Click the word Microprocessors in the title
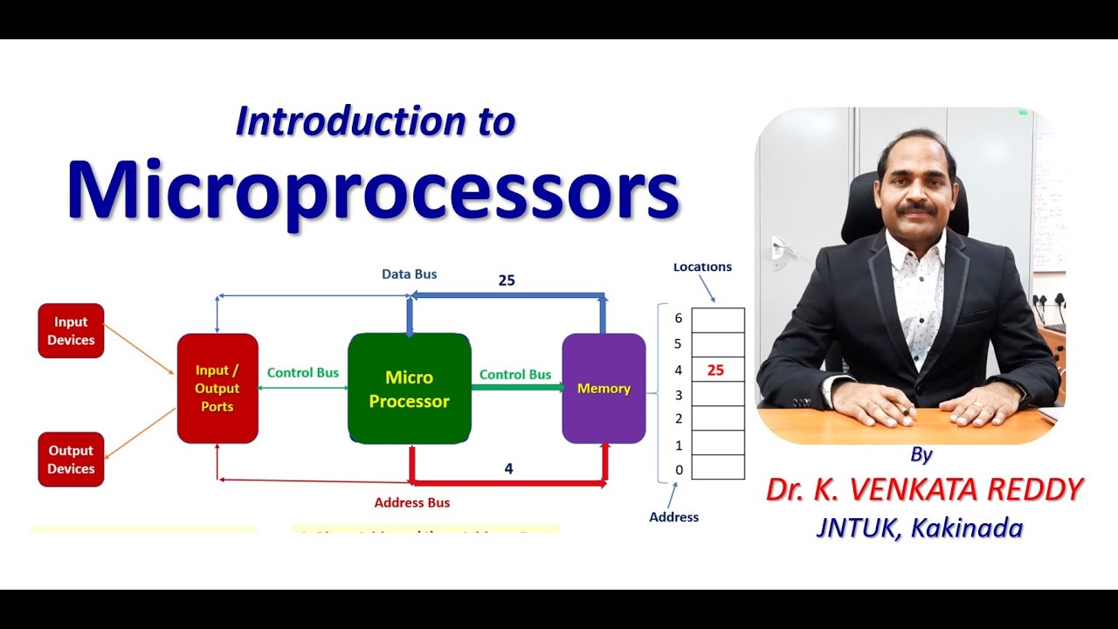point(373,190)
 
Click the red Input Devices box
point(71,331)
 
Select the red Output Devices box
point(71,460)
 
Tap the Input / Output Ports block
point(217,389)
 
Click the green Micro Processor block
point(409,389)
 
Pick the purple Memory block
point(604,389)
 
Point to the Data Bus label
point(409,274)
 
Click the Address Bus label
point(411,503)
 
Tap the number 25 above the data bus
point(507,280)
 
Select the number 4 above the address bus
point(508,469)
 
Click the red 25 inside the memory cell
point(715,370)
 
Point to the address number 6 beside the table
point(678,319)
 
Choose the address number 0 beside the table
point(678,470)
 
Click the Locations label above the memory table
point(702,267)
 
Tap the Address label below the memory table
point(673,517)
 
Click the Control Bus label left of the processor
point(302,373)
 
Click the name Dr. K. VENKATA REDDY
point(924,490)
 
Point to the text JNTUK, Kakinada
point(919,528)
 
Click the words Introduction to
point(376,121)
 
